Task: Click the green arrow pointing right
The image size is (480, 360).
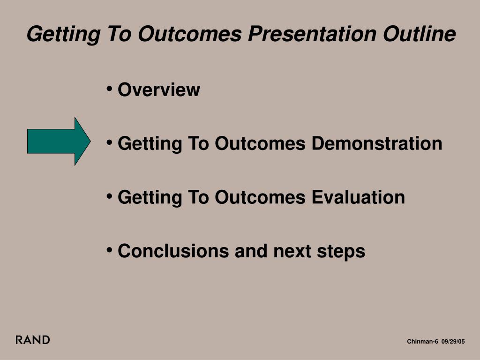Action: (59, 141)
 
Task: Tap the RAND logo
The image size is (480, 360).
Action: (33, 340)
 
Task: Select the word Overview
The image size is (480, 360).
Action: (159, 90)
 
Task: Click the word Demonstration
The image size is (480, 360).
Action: (377, 143)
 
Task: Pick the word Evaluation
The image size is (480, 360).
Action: (358, 197)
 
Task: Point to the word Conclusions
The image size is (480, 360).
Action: (173, 251)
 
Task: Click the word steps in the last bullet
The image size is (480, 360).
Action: (341, 252)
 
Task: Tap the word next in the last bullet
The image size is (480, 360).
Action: (292, 251)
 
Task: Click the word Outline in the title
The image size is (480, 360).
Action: (420, 33)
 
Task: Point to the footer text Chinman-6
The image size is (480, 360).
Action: (422, 341)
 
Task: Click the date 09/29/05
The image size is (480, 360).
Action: (453, 341)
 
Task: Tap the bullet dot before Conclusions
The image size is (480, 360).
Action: (109, 250)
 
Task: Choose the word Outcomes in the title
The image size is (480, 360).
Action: (190, 34)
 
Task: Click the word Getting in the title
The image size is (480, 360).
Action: (64, 34)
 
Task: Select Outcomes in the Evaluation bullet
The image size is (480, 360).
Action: (260, 197)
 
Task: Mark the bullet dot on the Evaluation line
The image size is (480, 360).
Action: (109, 196)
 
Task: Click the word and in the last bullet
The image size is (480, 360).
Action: (251, 251)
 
